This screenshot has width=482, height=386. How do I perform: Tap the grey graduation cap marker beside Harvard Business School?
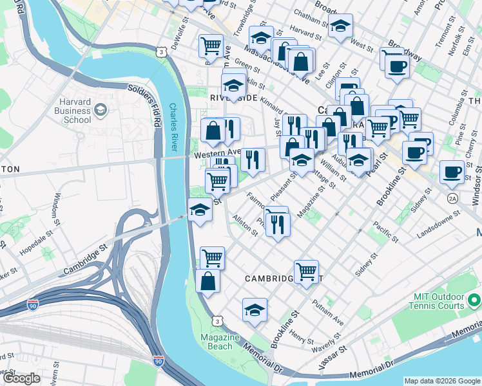click(x=101, y=111)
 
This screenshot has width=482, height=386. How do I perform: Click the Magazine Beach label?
click(x=220, y=342)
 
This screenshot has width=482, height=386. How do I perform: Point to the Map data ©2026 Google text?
click(x=441, y=381)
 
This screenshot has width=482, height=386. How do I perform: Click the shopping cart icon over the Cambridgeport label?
click(x=306, y=270)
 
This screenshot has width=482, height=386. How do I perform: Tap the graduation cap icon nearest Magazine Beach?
click(x=255, y=309)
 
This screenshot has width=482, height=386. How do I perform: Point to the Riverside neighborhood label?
click(x=233, y=97)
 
